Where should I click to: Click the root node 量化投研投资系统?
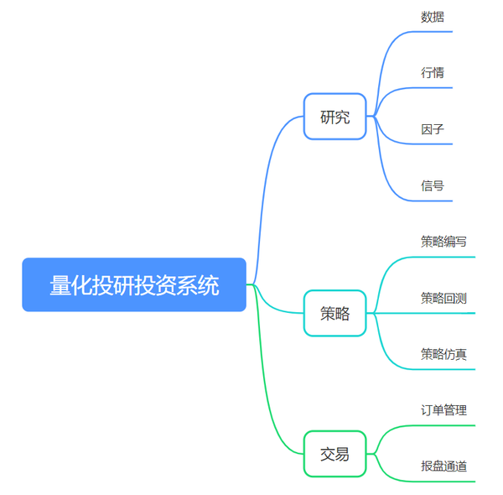click(134, 284)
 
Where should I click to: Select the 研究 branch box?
click(334, 117)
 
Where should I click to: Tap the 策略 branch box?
click(334, 313)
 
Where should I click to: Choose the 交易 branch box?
click(334, 454)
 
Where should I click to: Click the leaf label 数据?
click(433, 17)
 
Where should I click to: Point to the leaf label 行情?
click(433, 72)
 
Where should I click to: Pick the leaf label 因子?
click(433, 129)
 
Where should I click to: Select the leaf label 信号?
click(433, 185)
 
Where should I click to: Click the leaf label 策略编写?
click(443, 242)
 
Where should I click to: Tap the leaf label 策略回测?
click(443, 298)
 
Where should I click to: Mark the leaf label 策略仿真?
click(443, 354)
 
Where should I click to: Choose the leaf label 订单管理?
click(443, 410)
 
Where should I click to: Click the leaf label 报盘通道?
click(443, 466)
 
